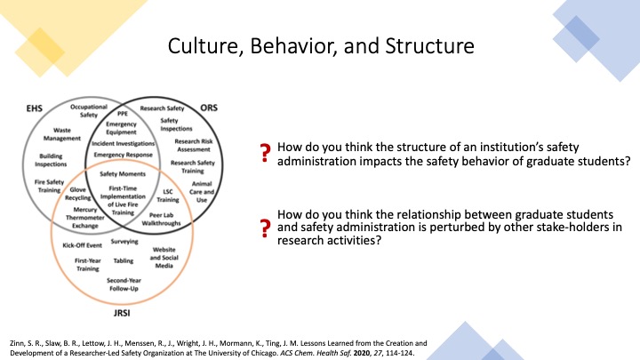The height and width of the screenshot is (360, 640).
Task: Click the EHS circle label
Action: tap(35, 108)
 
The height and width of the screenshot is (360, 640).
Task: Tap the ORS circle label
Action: tap(209, 108)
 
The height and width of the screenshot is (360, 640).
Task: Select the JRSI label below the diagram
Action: tap(122, 313)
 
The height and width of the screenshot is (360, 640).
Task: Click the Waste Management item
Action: tap(62, 134)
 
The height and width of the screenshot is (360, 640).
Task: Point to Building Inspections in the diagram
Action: tap(51, 160)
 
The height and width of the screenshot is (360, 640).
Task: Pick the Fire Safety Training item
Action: tap(50, 186)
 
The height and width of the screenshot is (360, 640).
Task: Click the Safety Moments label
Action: tap(123, 174)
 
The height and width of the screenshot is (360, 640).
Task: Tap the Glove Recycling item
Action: tap(78, 194)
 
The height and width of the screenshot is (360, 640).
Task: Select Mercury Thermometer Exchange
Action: tap(85, 218)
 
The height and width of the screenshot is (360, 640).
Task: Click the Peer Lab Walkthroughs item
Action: tap(161, 220)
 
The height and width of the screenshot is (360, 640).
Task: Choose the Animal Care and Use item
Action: tap(202, 192)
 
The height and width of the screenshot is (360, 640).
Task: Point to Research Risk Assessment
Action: tap(194, 145)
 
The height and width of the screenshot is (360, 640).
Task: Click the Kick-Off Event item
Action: tap(82, 245)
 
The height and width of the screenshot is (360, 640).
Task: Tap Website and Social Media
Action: tap(164, 258)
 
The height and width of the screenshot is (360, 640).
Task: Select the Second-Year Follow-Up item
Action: tap(124, 284)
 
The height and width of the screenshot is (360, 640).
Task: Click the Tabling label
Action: tap(124, 260)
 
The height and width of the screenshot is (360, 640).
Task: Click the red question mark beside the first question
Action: tap(265, 154)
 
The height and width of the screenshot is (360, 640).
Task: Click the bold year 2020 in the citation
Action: tap(362, 353)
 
